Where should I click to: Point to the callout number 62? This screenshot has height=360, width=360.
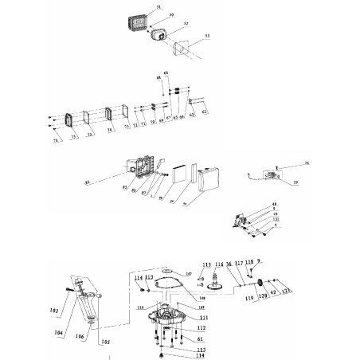coord(203,115)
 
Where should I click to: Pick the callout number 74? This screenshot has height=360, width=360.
coord(109,128)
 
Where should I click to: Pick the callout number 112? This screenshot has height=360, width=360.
coord(179,327)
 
